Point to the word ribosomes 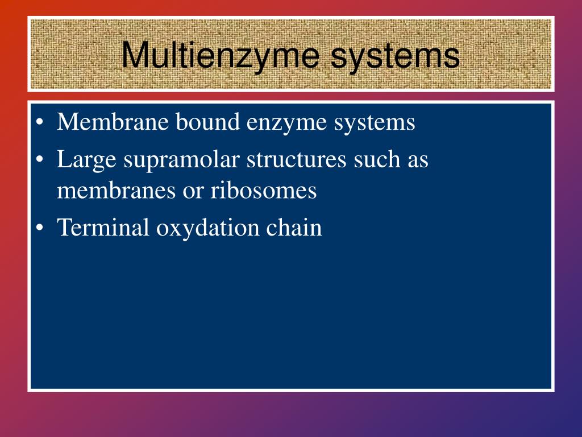click(264, 191)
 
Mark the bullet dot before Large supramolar click(39, 161)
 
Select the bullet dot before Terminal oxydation click(39, 228)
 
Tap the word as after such click(417, 161)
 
